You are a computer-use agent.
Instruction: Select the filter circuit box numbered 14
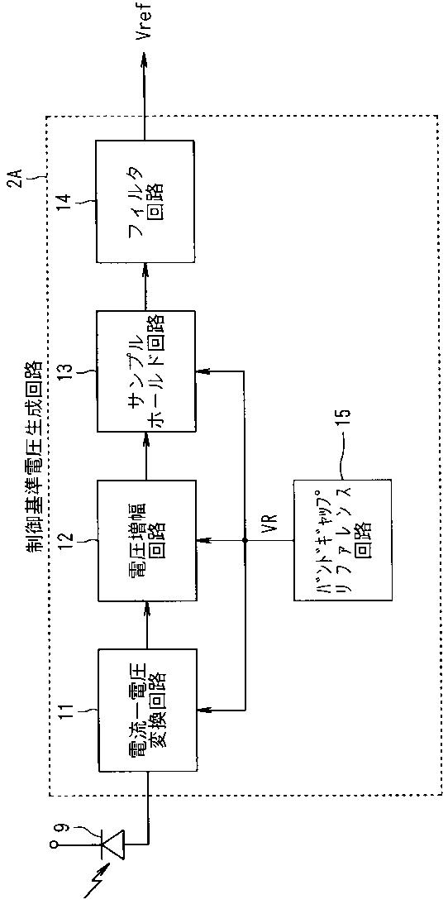click(146, 201)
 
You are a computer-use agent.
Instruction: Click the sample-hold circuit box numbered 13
click(146, 371)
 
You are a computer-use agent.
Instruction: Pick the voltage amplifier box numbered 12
click(146, 540)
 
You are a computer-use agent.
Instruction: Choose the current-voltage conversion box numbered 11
click(146, 710)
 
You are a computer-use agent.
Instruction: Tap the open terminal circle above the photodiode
click(54, 845)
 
